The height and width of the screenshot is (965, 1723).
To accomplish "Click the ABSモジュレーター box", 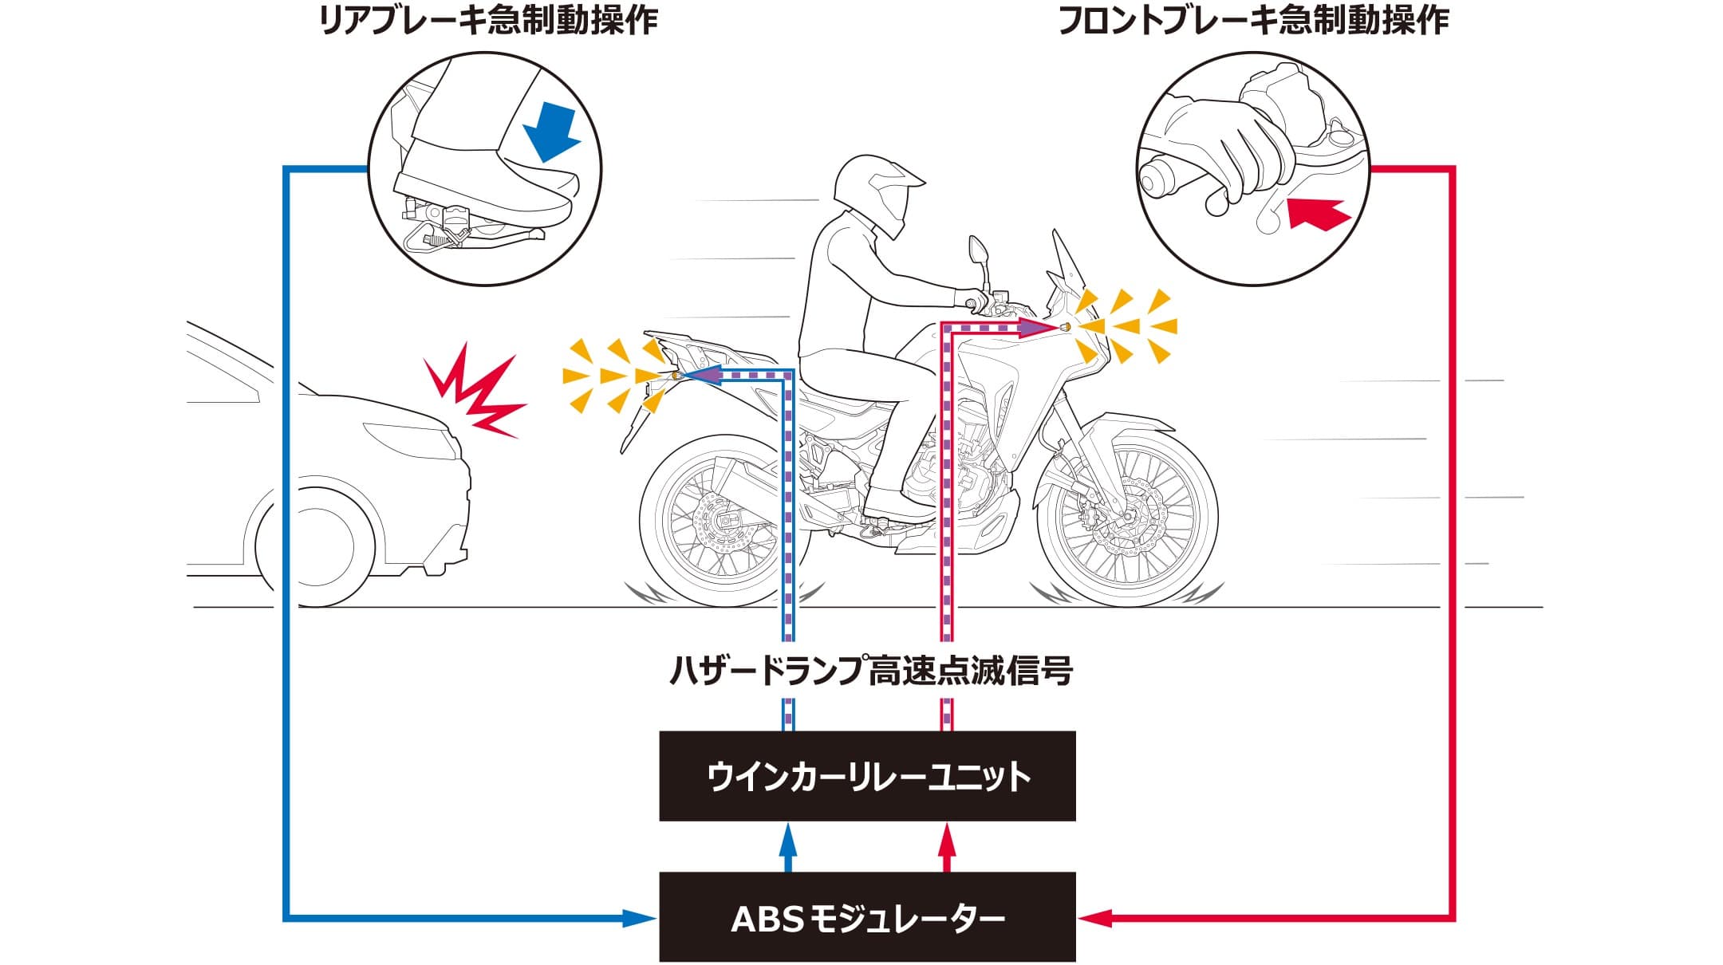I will pyautogui.click(x=867, y=917).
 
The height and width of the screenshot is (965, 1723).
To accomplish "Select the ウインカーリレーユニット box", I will pyautogui.click(x=867, y=776).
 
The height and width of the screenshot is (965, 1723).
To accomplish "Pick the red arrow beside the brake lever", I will pyautogui.click(x=1318, y=214).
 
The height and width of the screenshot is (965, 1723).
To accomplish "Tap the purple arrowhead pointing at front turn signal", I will pyautogui.click(x=1037, y=327).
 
